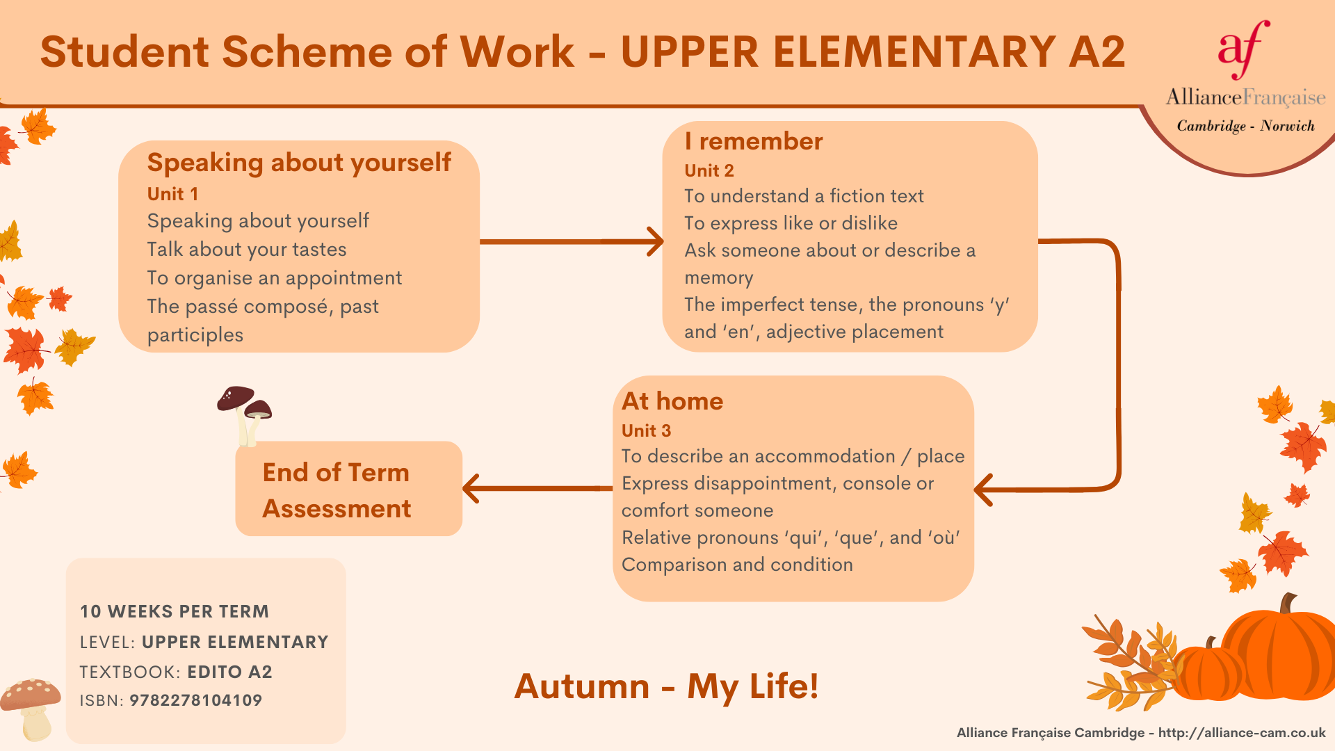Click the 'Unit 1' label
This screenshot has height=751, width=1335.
click(172, 194)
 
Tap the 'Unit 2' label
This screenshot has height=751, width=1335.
click(709, 170)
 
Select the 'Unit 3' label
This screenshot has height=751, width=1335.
click(646, 430)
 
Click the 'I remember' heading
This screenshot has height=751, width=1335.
click(754, 141)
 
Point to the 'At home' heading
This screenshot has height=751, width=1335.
click(672, 401)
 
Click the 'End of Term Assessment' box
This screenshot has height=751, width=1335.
click(349, 489)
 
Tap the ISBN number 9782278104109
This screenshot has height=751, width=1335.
click(196, 700)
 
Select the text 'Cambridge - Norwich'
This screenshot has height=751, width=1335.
click(1246, 126)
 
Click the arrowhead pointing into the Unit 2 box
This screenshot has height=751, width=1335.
click(656, 241)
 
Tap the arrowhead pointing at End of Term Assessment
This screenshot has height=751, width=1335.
click(471, 488)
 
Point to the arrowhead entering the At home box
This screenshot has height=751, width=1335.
click(983, 490)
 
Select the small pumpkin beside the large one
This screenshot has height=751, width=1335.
click(1208, 671)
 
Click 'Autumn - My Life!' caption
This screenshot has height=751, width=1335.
click(666, 686)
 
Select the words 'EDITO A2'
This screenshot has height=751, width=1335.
click(230, 672)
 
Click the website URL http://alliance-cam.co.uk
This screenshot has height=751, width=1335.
click(1242, 733)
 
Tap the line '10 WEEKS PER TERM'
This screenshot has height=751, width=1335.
click(175, 611)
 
